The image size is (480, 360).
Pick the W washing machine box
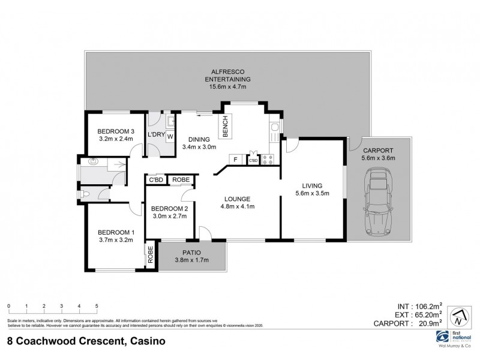(x=170, y=136)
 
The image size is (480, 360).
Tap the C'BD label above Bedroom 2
(x=156, y=179)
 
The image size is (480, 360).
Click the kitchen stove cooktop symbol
(x=268, y=160)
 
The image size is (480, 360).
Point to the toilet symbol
(x=86, y=194)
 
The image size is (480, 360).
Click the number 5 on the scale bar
(x=97, y=306)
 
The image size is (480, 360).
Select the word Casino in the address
(x=145, y=342)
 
